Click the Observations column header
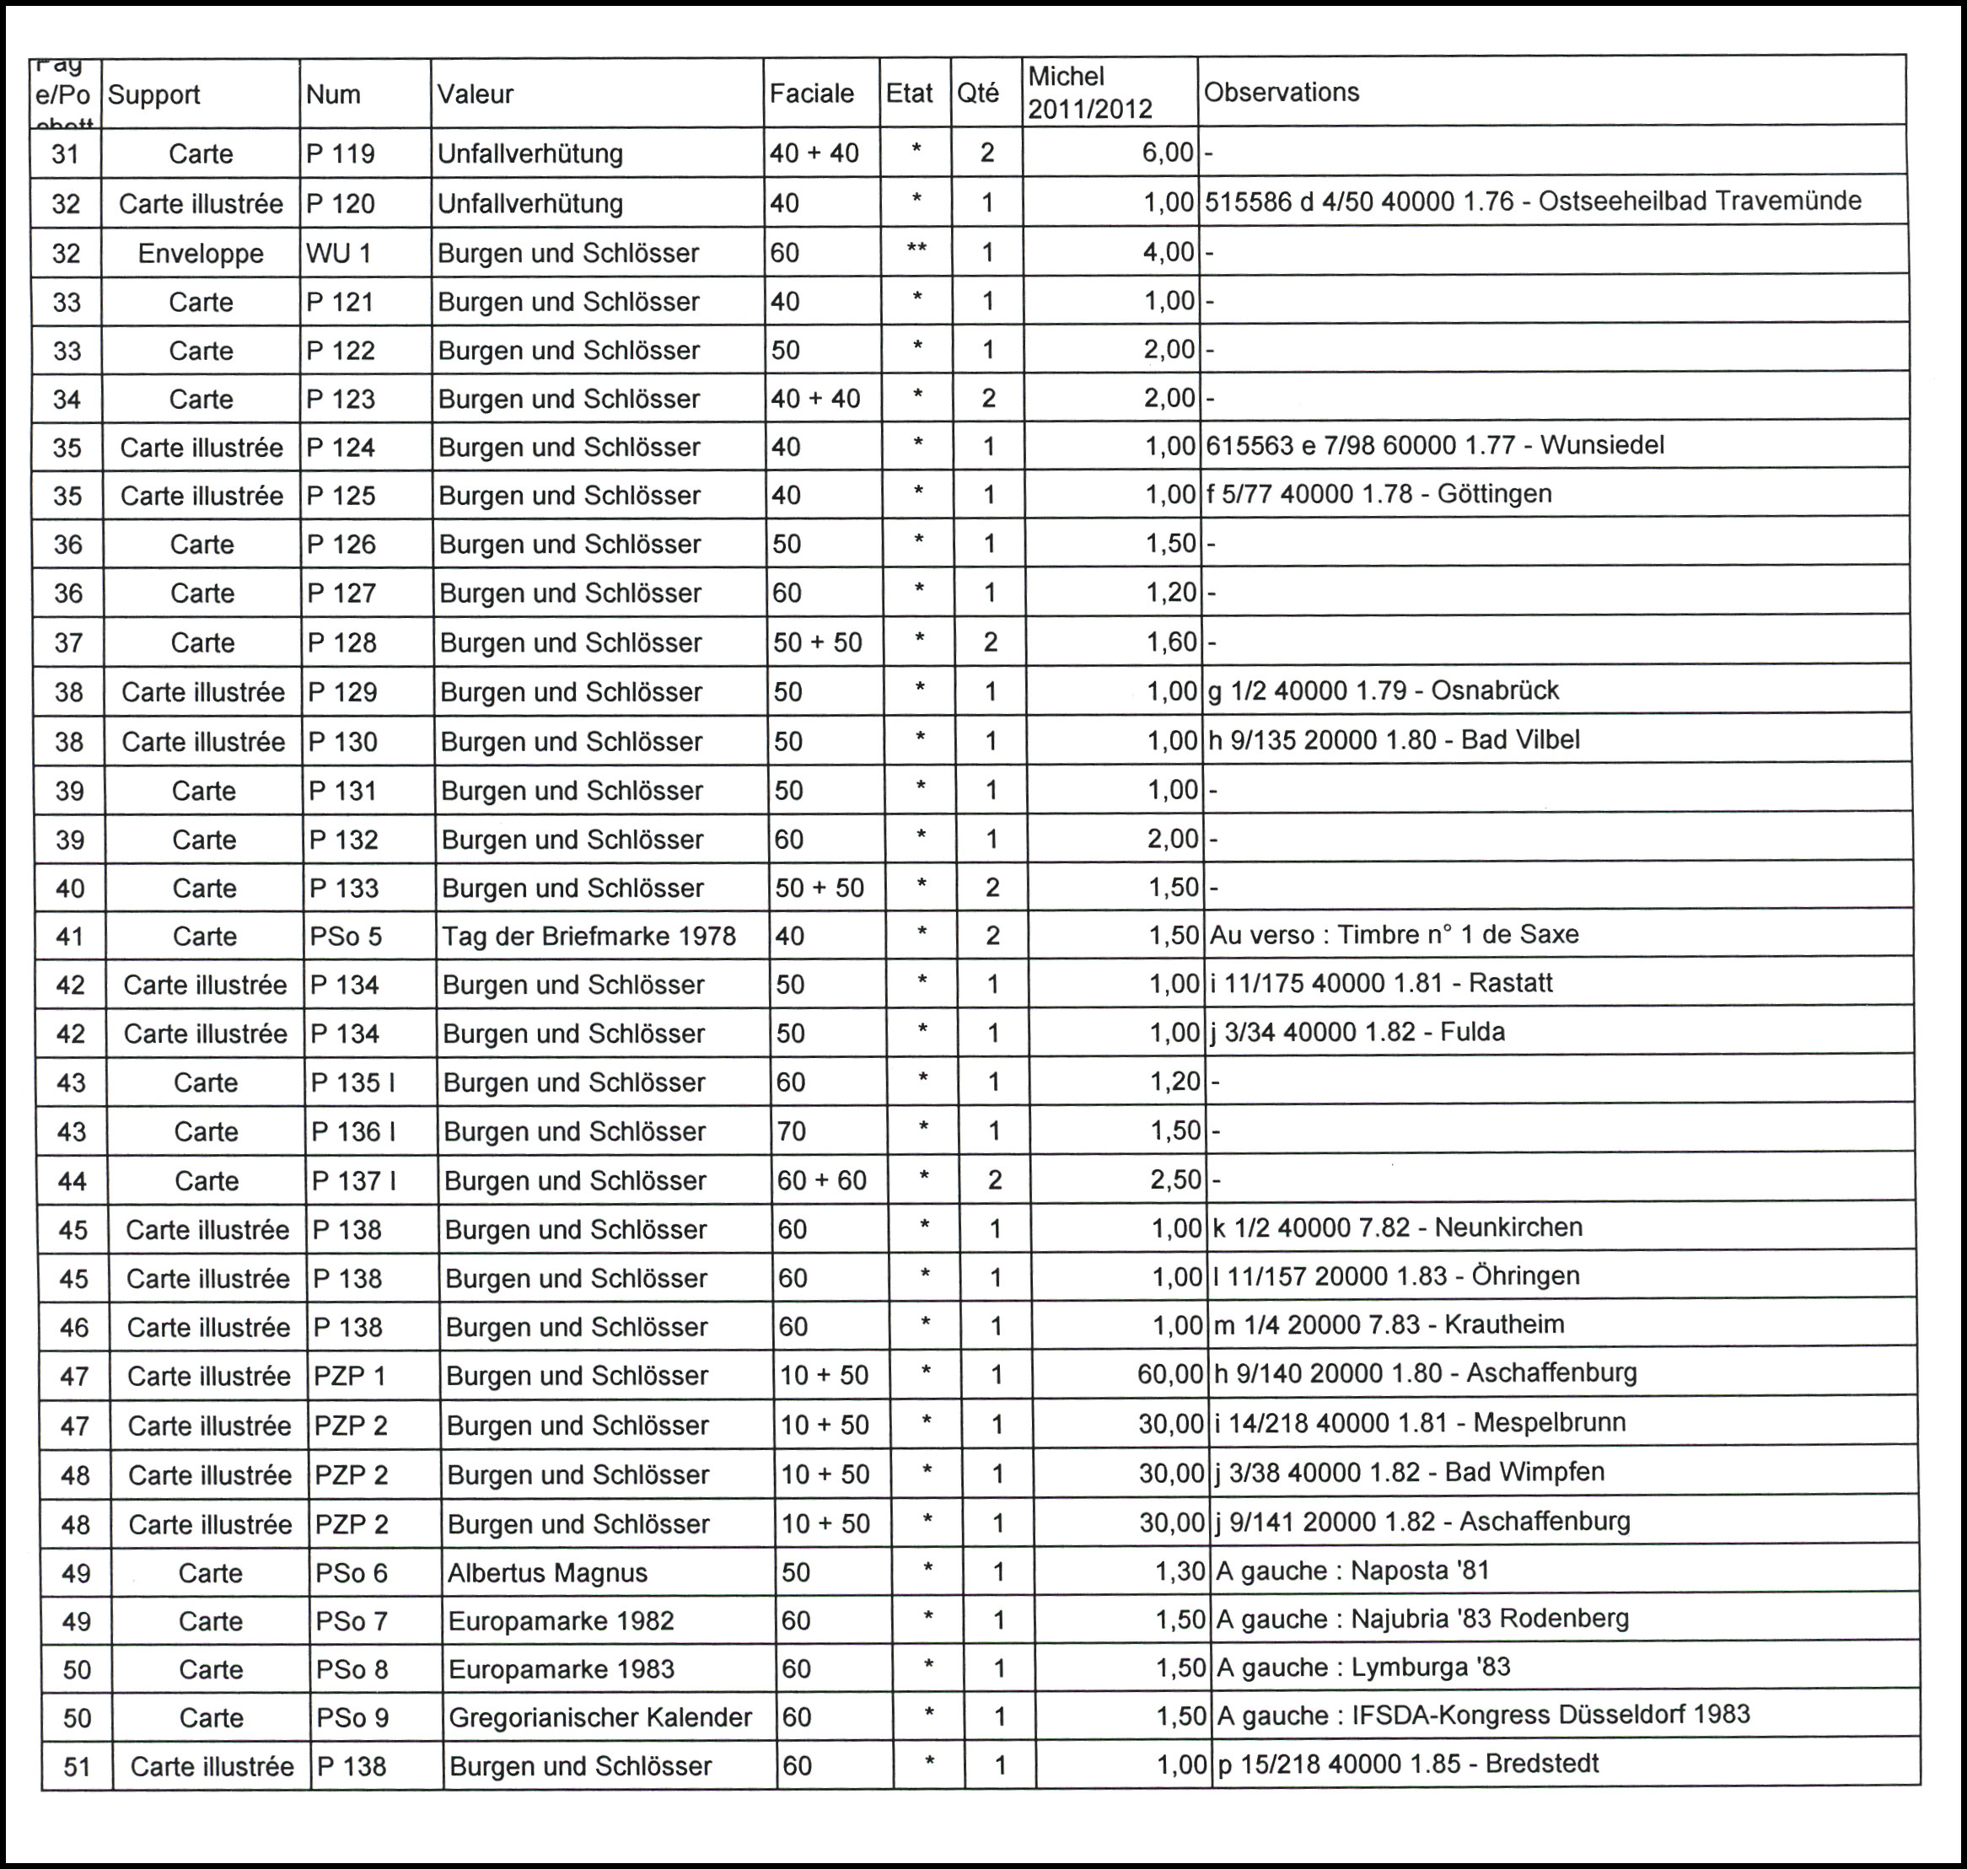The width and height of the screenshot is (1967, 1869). click(x=1282, y=93)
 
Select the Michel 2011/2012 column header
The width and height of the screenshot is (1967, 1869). click(x=1089, y=93)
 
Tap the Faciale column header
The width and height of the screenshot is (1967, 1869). click(x=811, y=94)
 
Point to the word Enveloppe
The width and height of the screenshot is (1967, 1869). click(x=201, y=253)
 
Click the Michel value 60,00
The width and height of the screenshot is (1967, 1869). click(x=1170, y=1375)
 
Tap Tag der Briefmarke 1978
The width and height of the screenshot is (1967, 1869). click(x=588, y=937)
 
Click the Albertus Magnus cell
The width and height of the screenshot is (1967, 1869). click(x=547, y=1573)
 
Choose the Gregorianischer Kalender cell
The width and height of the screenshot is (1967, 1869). click(x=599, y=1717)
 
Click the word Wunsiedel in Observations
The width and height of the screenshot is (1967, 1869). click(x=1602, y=445)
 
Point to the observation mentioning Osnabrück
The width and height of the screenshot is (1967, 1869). click(x=1383, y=690)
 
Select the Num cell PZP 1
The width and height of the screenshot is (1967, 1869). click(x=350, y=1376)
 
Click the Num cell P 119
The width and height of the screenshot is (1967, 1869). click(x=340, y=153)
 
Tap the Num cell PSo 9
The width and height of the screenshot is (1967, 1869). click(x=352, y=1717)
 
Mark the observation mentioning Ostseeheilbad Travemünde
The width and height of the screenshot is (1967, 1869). click(x=1533, y=201)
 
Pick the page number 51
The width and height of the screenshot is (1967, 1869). click(x=77, y=1767)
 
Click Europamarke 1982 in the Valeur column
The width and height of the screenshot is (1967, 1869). click(x=561, y=1622)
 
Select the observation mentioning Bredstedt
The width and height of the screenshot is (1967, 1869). click(x=1407, y=1764)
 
